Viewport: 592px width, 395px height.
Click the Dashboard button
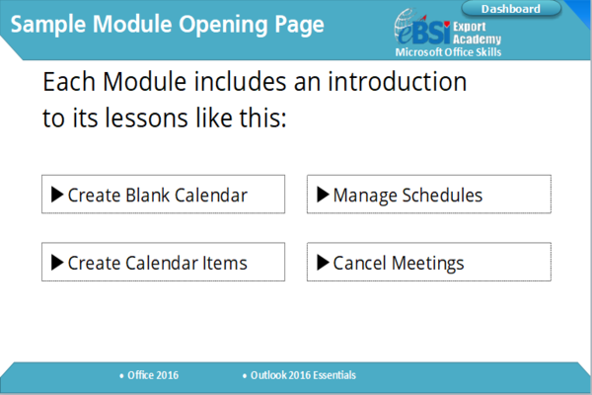(x=511, y=9)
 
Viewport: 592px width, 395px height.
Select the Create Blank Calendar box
(x=163, y=195)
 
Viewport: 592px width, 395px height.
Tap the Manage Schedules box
(x=429, y=195)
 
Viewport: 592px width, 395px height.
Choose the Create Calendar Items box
(x=163, y=262)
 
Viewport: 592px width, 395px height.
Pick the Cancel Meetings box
(x=429, y=262)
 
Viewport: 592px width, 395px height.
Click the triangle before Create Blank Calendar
(x=57, y=195)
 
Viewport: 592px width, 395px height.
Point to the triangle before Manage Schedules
(x=323, y=195)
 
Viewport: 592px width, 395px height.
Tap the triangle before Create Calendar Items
(x=57, y=263)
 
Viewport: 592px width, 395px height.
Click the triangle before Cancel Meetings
(x=323, y=263)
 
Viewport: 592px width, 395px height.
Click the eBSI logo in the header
(x=422, y=28)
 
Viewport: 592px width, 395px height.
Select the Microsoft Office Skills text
(x=448, y=52)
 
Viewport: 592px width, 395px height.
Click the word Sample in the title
(x=48, y=24)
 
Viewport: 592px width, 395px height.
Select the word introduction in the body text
(x=398, y=82)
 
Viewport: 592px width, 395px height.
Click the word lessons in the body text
(x=146, y=118)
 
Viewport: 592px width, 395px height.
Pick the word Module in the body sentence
(x=145, y=82)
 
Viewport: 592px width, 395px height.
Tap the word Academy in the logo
(x=478, y=39)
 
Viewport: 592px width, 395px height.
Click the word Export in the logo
(x=470, y=27)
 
